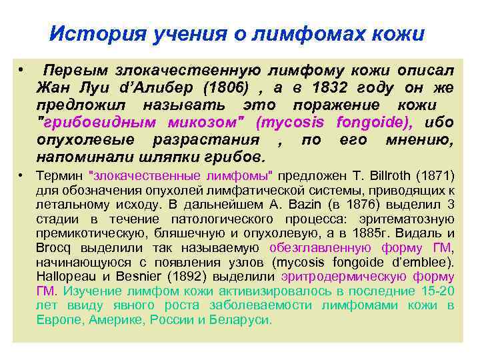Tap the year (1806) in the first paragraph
tap(224, 89)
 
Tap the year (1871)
tap(434, 176)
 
